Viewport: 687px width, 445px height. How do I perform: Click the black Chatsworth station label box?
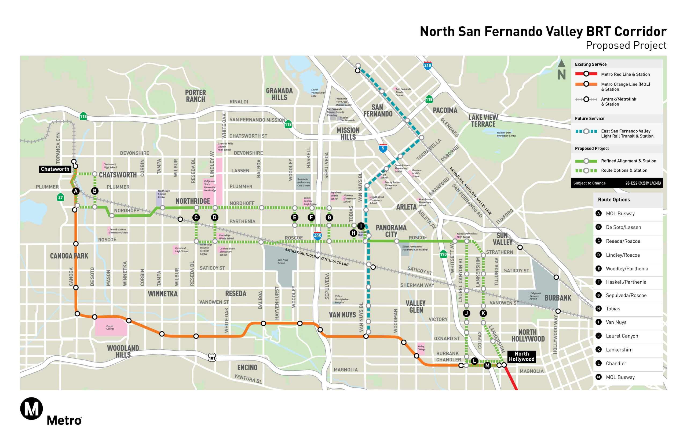pos(55,169)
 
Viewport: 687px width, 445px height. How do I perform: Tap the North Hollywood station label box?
pos(521,356)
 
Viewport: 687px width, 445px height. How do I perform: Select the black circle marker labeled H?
pos(353,233)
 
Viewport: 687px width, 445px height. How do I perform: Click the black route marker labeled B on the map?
pos(95,191)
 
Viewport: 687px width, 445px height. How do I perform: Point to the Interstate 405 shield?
pos(317,235)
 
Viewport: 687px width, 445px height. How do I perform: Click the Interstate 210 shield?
pos(427,65)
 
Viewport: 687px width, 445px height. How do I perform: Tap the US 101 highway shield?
pos(212,358)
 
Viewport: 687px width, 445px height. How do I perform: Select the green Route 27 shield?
pos(60,197)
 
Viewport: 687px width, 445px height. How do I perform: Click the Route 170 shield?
pos(443,254)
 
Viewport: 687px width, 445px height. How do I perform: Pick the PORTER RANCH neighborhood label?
pos(195,96)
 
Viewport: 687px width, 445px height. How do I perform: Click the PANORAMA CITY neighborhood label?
pos(391,231)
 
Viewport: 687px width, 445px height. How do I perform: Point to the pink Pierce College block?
pos(111,327)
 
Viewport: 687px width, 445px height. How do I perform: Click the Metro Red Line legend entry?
pos(625,74)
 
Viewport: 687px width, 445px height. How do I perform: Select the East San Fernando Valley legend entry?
pos(627,134)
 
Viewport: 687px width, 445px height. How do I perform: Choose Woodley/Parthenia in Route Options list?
pos(626,269)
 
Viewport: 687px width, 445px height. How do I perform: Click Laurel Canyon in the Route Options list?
pos(622,336)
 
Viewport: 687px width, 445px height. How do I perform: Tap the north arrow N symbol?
pos(561,70)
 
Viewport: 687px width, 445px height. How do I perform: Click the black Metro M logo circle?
pos(31,408)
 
